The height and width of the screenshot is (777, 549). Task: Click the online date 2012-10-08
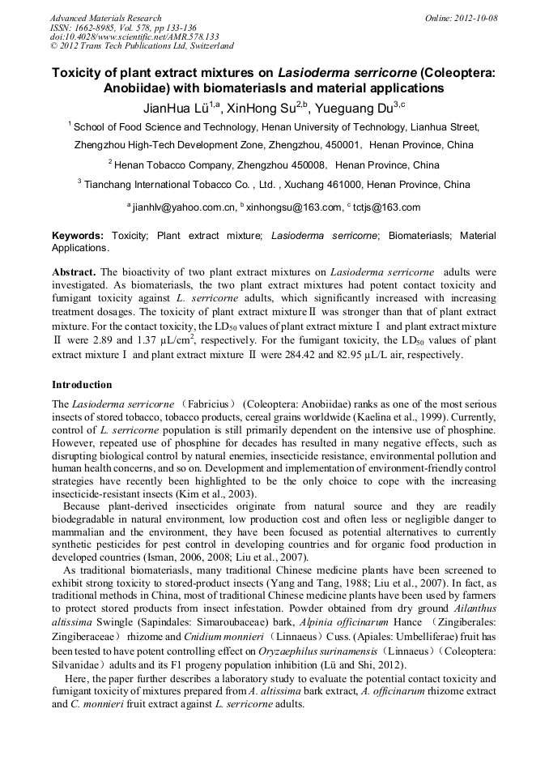[x=476, y=18]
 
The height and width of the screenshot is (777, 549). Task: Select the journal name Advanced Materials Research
[x=105, y=18]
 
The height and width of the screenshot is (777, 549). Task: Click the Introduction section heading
[x=82, y=384]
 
